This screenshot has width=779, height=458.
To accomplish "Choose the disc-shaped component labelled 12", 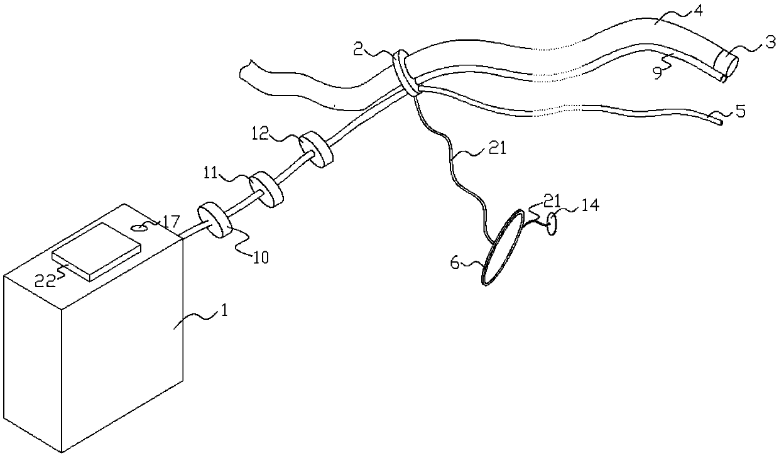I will coord(316,150).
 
